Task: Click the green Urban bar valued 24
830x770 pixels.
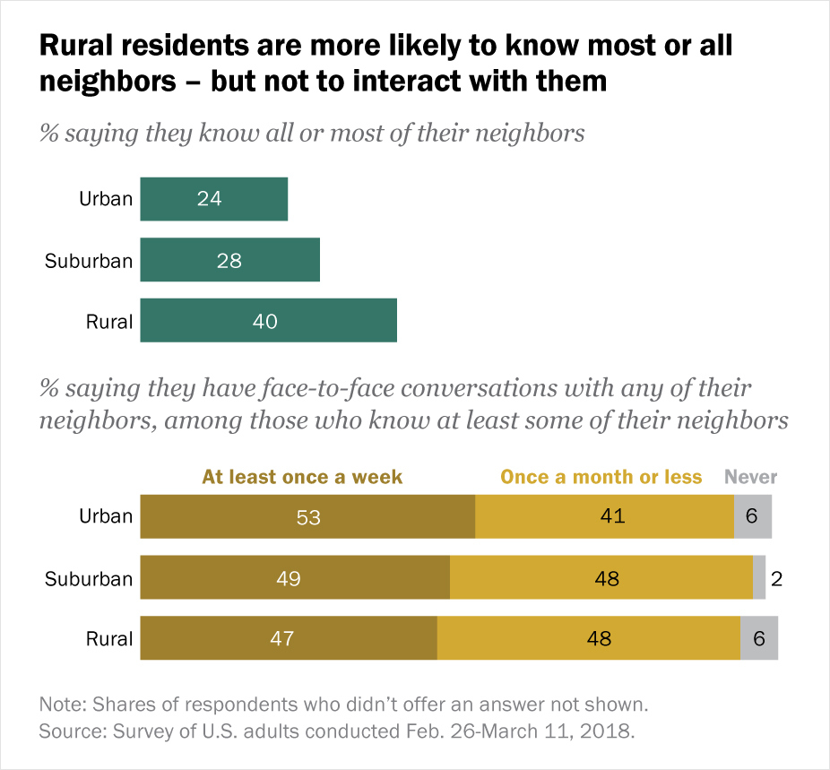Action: pyautogui.click(x=213, y=199)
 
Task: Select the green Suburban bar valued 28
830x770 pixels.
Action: pyautogui.click(x=229, y=260)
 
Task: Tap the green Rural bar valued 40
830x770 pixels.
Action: pyautogui.click(x=268, y=320)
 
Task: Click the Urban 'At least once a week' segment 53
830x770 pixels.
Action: pyautogui.click(x=307, y=516)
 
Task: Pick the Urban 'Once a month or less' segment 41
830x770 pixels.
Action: pyautogui.click(x=604, y=516)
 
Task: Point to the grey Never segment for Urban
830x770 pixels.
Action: pyautogui.click(x=753, y=516)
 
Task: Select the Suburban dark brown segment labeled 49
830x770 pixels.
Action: pyautogui.click(x=295, y=577)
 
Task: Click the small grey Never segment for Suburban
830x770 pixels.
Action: pyautogui.click(x=759, y=577)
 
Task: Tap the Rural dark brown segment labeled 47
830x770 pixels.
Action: pyautogui.click(x=289, y=638)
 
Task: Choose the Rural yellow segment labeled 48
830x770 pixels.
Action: pyautogui.click(x=588, y=638)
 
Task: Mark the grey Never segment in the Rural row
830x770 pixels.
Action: pyautogui.click(x=759, y=638)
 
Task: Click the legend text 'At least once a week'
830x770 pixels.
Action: pyautogui.click(x=302, y=477)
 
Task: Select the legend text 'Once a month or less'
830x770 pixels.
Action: pyautogui.click(x=601, y=477)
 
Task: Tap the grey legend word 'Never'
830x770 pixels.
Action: pyautogui.click(x=750, y=477)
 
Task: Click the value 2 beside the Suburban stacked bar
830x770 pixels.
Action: pyautogui.click(x=777, y=578)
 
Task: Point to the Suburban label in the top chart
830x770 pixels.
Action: pyautogui.click(x=89, y=261)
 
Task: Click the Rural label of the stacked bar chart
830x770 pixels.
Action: pyautogui.click(x=109, y=639)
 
